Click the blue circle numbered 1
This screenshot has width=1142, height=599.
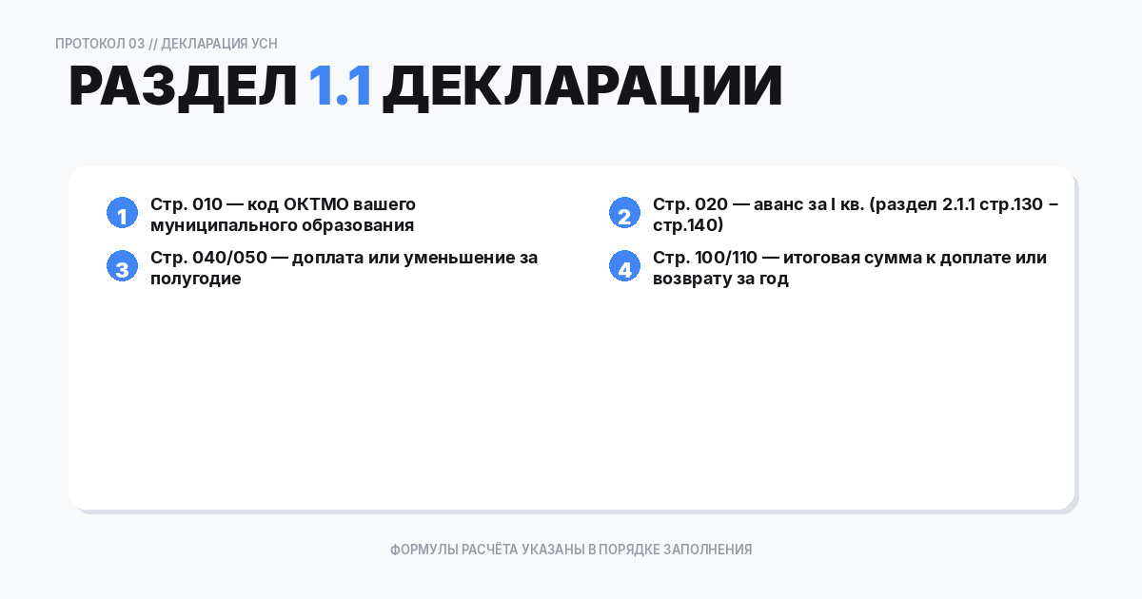[122, 214]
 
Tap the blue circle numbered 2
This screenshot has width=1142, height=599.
[624, 214]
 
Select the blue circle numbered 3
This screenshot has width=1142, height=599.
[122, 268]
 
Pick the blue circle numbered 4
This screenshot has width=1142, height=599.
[624, 268]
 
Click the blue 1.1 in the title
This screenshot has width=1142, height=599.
[340, 87]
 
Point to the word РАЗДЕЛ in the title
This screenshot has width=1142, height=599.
[184, 87]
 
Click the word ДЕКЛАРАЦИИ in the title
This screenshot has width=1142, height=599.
[582, 87]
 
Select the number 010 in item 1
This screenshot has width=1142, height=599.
[207, 204]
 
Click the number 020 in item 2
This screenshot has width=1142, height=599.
[710, 204]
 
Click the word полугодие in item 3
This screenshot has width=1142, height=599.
[195, 280]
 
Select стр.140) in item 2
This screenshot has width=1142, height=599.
[688, 226]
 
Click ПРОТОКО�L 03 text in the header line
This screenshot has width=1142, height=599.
[100, 44]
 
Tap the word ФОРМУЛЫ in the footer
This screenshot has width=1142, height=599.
[423, 550]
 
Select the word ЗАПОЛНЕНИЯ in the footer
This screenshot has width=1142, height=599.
[707, 550]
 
